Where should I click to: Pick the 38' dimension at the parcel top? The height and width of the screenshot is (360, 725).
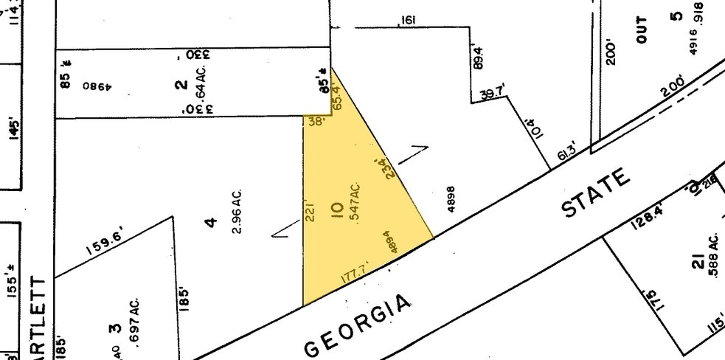316,123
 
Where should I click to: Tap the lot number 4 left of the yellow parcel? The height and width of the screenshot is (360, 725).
212,221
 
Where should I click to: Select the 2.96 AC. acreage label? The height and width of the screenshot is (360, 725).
237,213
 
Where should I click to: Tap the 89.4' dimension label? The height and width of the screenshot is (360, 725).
479,58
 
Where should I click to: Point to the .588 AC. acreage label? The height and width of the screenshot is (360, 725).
714,257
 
